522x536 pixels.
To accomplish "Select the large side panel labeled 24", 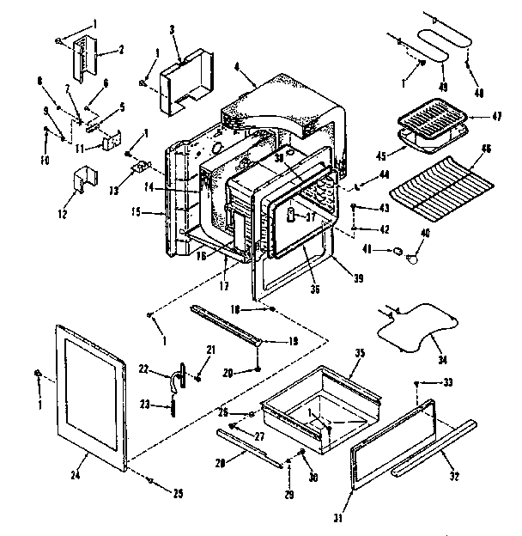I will pos(93,394).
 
